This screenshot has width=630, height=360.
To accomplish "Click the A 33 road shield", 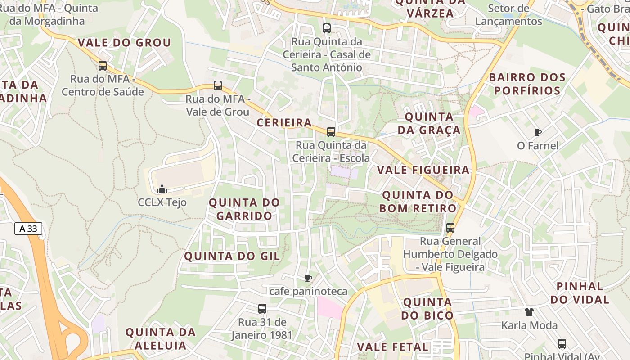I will (28, 229).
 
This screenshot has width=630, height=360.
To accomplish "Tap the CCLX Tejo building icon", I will (162, 189).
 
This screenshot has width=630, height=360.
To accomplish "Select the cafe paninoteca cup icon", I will (308, 278).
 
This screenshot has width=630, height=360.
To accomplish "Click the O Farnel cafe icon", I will (538, 132).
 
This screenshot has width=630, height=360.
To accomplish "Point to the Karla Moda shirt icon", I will (529, 311).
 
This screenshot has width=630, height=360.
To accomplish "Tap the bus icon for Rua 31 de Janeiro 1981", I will (262, 309).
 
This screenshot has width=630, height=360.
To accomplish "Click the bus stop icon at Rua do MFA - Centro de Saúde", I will (103, 66).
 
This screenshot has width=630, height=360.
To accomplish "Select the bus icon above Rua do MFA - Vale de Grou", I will (218, 85).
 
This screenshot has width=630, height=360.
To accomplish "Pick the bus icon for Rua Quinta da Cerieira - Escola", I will (331, 132).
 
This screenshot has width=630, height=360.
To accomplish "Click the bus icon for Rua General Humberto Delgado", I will (450, 228).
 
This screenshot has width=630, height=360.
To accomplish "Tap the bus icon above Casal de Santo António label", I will (327, 28).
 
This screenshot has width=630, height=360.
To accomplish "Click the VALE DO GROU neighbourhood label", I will (125, 43).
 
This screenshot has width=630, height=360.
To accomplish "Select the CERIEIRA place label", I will (284, 122).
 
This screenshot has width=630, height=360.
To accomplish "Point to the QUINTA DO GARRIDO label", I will (244, 209).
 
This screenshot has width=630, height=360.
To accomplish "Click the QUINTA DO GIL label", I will (232, 256).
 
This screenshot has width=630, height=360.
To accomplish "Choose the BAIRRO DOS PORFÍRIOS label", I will (527, 84).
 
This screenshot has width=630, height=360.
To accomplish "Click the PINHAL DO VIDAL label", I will (580, 292).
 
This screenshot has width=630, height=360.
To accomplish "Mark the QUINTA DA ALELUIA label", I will (161, 339).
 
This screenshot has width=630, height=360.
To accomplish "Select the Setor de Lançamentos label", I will (508, 15).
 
